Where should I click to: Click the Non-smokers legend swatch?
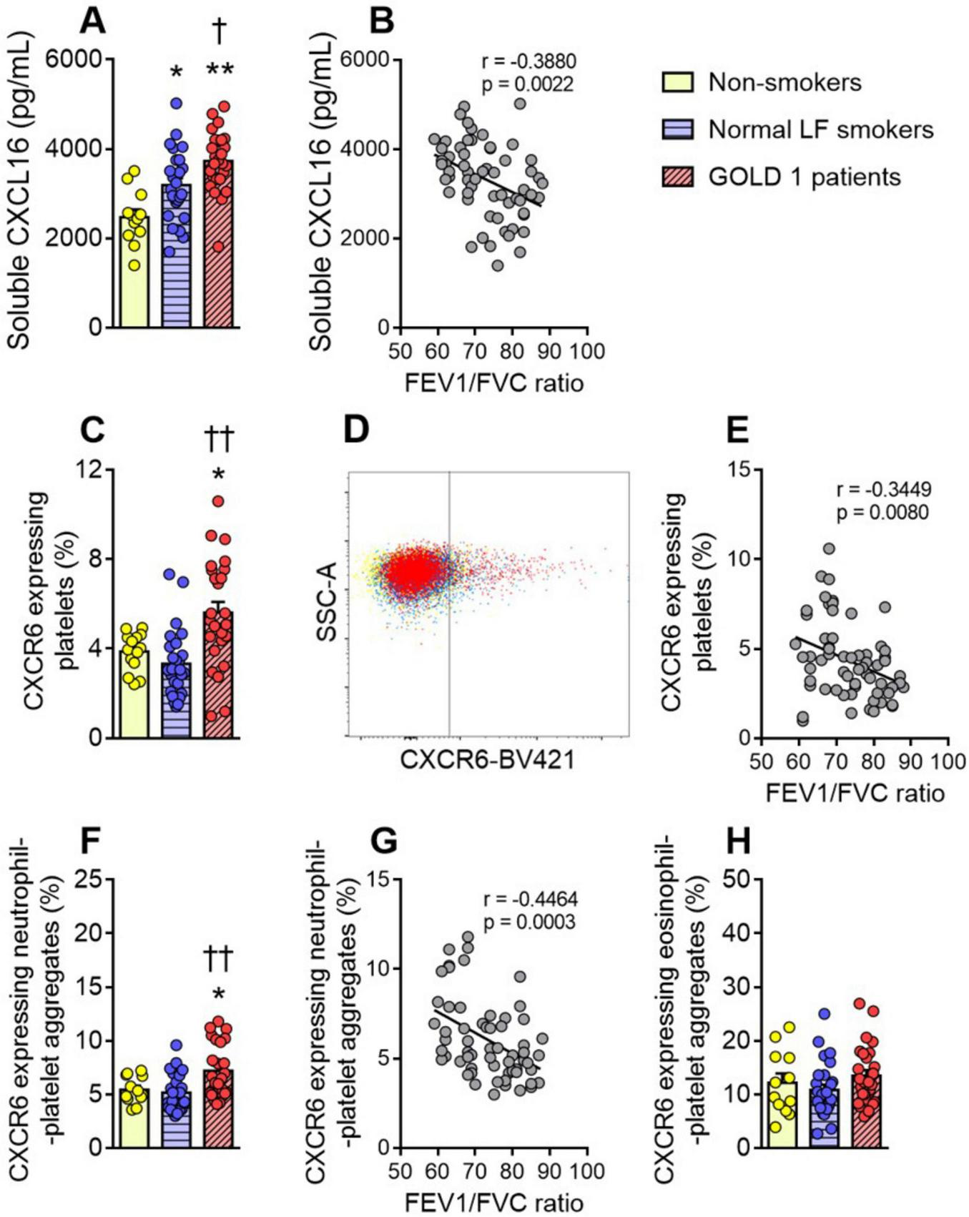tap(678, 83)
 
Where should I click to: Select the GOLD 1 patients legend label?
tap(804, 177)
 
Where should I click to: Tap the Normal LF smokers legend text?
tap(820, 129)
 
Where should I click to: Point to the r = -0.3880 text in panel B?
tap(528, 61)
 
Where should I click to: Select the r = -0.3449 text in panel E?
tap(884, 490)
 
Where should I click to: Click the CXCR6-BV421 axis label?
tap(487, 759)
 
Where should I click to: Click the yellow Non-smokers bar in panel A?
tap(134, 286)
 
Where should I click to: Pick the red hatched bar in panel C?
tap(218, 686)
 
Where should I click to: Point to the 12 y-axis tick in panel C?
tap(90, 470)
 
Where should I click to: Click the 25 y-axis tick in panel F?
tap(90, 880)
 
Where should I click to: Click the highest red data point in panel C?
tap(218, 501)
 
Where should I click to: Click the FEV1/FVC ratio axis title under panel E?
tap(855, 793)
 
